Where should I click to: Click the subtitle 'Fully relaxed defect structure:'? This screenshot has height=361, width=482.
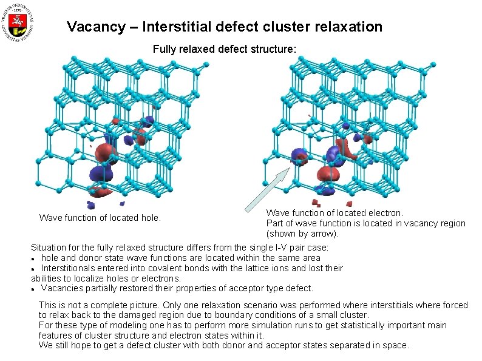(x=225, y=49)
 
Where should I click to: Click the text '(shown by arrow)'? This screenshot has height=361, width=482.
(x=302, y=234)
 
